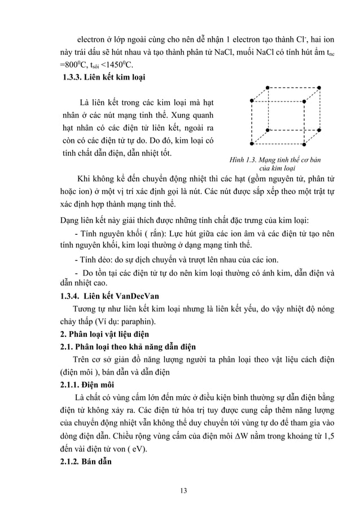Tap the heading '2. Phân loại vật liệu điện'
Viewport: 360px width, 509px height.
104,334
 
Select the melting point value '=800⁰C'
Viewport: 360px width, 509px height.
74,65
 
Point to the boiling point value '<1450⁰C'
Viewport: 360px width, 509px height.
120,65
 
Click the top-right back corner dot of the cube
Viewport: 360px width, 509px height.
320,87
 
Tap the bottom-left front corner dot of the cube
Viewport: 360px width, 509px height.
251,146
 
